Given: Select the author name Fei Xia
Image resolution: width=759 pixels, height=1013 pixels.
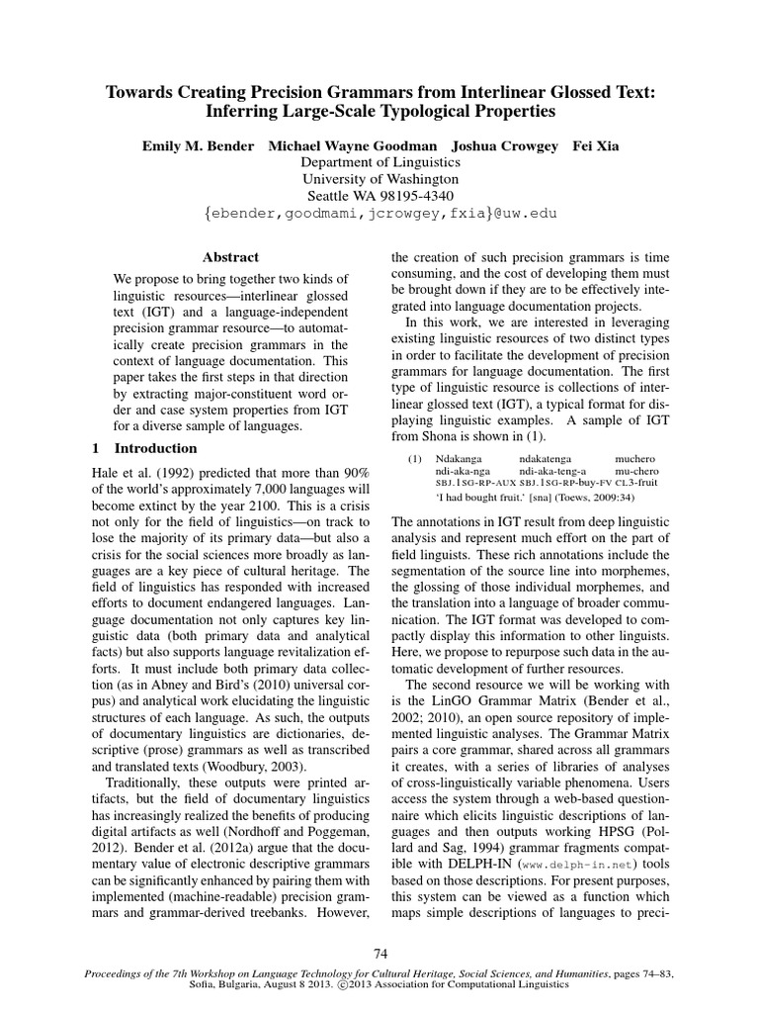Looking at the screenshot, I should [x=594, y=145].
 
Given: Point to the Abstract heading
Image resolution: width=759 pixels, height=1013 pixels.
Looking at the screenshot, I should [x=230, y=256].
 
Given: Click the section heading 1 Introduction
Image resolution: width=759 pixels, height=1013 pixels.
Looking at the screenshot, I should [x=132, y=447].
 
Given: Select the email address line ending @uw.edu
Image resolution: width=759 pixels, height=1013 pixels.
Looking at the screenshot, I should [x=380, y=213].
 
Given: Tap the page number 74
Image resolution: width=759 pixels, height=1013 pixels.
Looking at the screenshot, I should [x=379, y=953].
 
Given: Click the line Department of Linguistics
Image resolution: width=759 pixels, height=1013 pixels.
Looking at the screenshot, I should [x=380, y=162].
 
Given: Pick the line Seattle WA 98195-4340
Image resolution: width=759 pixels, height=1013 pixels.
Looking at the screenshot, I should [x=380, y=196].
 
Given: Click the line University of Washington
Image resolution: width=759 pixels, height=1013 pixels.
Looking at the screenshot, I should [x=380, y=179].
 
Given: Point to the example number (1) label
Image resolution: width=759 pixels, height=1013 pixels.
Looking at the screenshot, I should [x=415, y=460].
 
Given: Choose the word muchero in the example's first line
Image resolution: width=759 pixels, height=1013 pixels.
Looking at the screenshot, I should [x=634, y=460].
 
